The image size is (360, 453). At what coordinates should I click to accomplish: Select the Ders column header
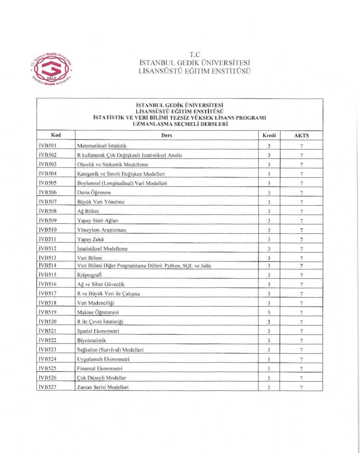point(166,135)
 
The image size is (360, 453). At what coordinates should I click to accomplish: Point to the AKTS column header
point(301,136)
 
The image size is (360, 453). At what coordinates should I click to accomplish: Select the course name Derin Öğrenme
point(94,193)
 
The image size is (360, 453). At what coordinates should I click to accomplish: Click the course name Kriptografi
point(90,275)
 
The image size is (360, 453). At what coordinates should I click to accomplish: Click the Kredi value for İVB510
point(269,230)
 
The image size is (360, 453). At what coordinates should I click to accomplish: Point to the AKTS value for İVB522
point(301,341)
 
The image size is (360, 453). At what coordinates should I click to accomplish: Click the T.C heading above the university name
point(194,54)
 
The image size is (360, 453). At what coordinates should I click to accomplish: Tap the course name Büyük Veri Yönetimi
point(101,202)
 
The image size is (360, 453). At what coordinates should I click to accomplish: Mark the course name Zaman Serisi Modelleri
point(103,387)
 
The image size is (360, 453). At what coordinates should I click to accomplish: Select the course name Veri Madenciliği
point(96,303)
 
